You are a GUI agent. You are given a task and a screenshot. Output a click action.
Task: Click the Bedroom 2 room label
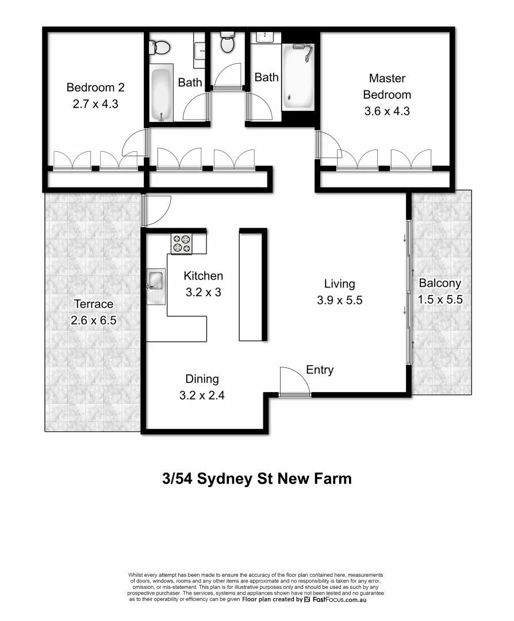pos(95,88)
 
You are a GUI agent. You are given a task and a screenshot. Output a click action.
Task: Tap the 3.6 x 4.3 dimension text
pos(387,111)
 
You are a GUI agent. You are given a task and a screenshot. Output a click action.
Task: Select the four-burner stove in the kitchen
pos(181,244)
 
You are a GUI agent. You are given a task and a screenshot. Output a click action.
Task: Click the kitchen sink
pos(155,281)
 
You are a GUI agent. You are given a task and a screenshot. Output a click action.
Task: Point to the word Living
pos(339,283)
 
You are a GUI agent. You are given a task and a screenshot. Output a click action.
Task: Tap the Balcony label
pos(439,283)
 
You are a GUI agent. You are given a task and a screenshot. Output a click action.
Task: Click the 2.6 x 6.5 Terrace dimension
pos(94,320)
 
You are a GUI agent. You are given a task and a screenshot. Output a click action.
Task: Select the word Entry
pos(320,370)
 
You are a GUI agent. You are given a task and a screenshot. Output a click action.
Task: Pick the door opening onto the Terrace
pos(156,210)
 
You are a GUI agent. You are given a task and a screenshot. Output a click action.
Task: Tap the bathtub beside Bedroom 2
pos(161,95)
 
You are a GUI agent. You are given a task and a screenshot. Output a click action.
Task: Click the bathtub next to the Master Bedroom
pos(298,78)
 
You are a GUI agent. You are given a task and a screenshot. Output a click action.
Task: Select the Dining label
pos(202,379)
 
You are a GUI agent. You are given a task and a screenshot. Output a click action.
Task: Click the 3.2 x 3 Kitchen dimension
pos(203,292)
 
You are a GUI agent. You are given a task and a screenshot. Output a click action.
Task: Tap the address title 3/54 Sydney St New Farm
pos(257,478)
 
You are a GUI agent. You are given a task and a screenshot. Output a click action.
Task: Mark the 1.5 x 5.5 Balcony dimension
pos(439,299)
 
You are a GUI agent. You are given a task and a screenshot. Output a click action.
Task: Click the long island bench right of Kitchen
pos(252,286)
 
